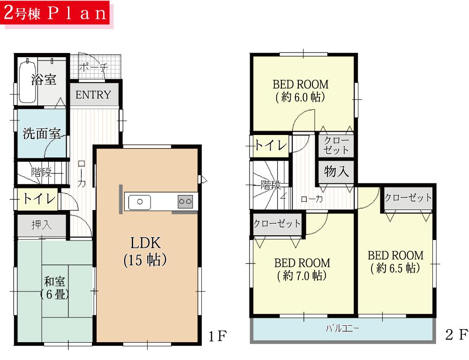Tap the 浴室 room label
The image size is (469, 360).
44,79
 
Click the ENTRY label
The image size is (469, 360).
93,95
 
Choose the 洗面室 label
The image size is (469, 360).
42,134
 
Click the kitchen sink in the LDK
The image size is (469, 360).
139,202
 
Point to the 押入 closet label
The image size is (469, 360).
41,225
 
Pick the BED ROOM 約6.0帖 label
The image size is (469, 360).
301,91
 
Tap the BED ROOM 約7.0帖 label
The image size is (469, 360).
302,269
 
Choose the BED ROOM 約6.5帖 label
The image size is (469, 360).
395,262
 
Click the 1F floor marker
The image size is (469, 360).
218,335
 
